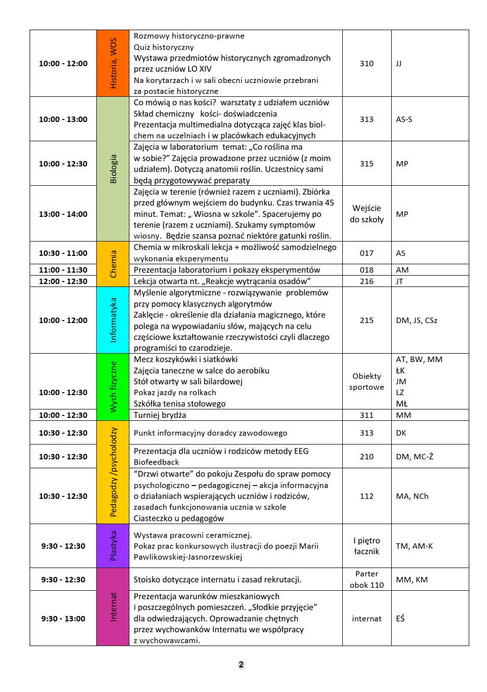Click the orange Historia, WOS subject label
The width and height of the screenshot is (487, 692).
point(113,63)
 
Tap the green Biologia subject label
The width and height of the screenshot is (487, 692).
point(113,169)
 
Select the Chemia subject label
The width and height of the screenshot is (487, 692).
point(113,264)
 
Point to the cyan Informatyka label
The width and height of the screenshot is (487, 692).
point(113,320)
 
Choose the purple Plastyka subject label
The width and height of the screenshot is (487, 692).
point(113,546)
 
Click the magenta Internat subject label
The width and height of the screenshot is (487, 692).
point(113,607)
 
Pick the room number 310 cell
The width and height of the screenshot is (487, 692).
point(366,63)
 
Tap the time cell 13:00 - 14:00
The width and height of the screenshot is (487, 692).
point(63,214)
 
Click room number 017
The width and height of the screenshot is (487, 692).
point(366,253)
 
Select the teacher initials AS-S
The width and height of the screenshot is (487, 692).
point(404,119)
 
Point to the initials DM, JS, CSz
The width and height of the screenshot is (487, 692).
point(416,320)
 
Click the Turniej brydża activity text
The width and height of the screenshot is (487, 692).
point(160,415)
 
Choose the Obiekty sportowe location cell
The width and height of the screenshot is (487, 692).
point(366,381)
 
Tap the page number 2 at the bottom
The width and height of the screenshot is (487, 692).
point(241,664)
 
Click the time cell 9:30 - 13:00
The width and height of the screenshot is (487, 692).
point(63,618)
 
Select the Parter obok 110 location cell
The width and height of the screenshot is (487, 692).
point(366,579)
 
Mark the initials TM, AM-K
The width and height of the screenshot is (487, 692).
point(414,546)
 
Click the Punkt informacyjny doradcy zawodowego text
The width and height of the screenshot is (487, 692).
point(210,433)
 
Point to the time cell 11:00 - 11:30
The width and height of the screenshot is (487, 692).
point(63,270)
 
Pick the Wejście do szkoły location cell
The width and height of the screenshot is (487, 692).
point(366,214)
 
